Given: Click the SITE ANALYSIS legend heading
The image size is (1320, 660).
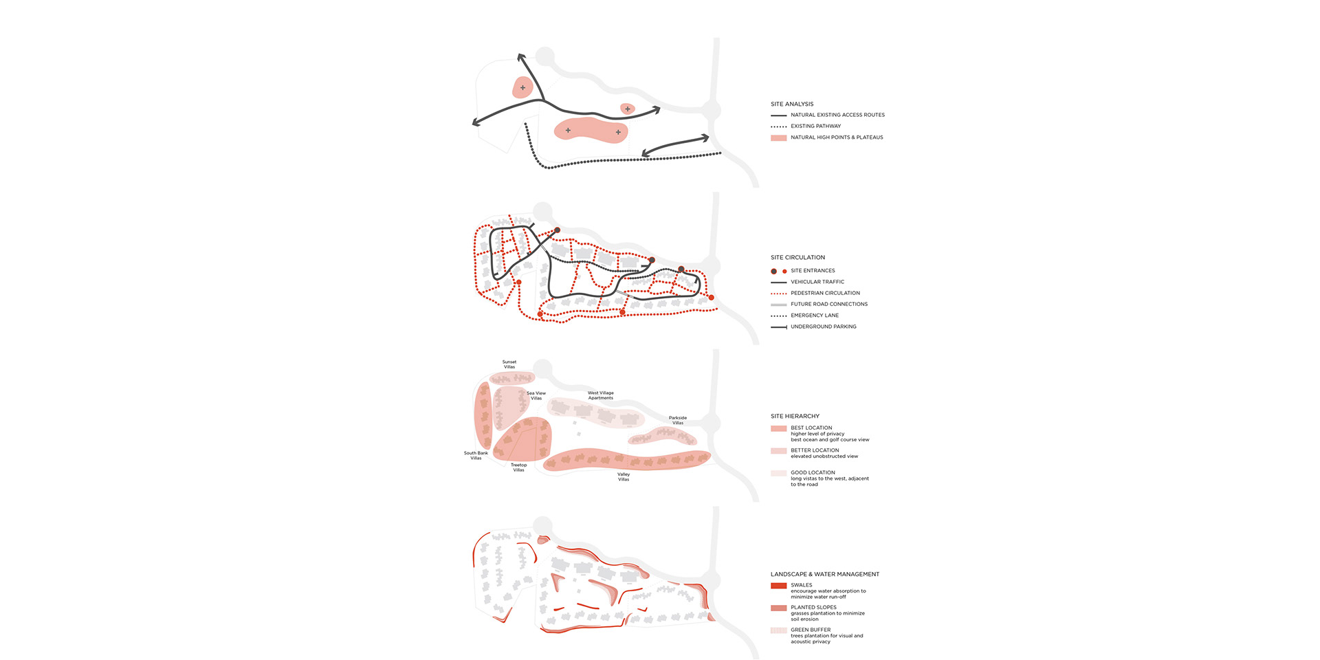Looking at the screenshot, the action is (791, 104).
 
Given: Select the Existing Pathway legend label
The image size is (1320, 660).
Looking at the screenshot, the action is (815, 126).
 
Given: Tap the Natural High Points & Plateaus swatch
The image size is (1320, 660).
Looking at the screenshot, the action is (778, 137).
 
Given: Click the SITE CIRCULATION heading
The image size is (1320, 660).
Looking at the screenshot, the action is (797, 257).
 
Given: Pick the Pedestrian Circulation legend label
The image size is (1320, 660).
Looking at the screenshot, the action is (825, 293).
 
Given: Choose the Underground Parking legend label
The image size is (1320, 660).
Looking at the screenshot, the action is (823, 327).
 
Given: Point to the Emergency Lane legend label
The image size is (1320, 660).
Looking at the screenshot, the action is (814, 316).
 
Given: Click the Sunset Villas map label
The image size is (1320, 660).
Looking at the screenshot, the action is (509, 364).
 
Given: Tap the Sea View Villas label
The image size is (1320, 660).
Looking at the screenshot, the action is (536, 395).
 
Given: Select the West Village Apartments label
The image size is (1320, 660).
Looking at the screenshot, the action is (600, 395).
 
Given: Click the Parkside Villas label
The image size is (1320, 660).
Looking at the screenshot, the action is (678, 420).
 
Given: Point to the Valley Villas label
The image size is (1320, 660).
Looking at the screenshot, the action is (624, 476).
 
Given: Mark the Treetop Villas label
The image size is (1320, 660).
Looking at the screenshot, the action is (518, 467).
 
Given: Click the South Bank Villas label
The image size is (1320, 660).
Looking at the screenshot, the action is (476, 455).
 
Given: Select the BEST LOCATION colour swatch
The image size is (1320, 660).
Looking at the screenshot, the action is (778, 428).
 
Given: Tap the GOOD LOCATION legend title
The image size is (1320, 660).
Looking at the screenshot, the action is (813, 472).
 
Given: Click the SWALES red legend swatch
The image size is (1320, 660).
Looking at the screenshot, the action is (778, 586).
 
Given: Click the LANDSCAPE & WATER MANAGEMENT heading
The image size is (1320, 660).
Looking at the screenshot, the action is (824, 574).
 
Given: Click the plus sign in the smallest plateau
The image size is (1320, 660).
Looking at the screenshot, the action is (628, 109).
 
